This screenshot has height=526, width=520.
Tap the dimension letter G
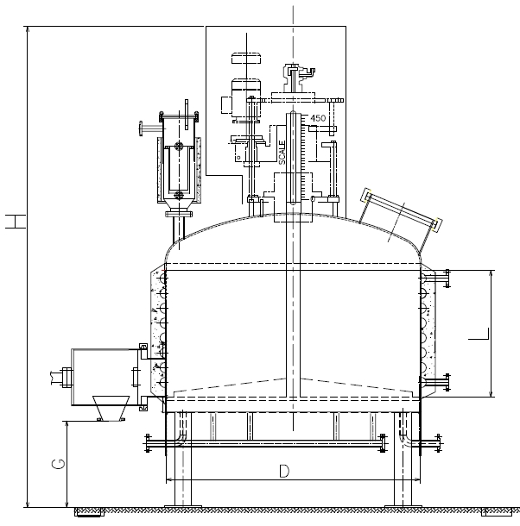tap(58, 466)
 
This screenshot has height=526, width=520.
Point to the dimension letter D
tap(283, 470)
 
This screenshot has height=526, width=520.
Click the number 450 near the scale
tap(318, 118)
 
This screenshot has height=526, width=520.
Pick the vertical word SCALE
tap(282, 152)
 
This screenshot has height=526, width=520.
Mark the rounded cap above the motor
tap(246, 59)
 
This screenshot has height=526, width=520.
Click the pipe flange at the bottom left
tap(149, 443)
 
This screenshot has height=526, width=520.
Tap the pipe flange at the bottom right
tap(434, 443)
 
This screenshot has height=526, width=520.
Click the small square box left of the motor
tap(226, 104)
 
